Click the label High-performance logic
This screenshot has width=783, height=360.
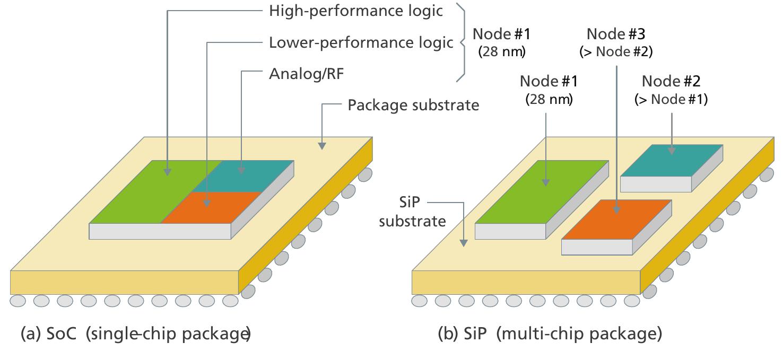point(355,11)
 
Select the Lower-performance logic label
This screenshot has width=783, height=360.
point(361,42)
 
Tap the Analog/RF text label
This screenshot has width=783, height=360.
point(307,73)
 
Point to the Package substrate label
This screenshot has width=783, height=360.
point(413,105)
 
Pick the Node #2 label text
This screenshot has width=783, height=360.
point(671,82)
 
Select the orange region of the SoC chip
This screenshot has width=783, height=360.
point(212,208)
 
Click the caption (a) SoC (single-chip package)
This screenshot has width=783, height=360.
point(135,335)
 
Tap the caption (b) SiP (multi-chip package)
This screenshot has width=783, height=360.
point(550,335)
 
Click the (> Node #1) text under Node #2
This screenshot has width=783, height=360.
point(671,99)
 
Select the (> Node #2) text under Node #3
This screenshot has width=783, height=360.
point(615,52)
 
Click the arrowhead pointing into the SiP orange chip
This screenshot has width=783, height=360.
point(616,210)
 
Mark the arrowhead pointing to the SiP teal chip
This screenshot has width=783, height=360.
point(671,151)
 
